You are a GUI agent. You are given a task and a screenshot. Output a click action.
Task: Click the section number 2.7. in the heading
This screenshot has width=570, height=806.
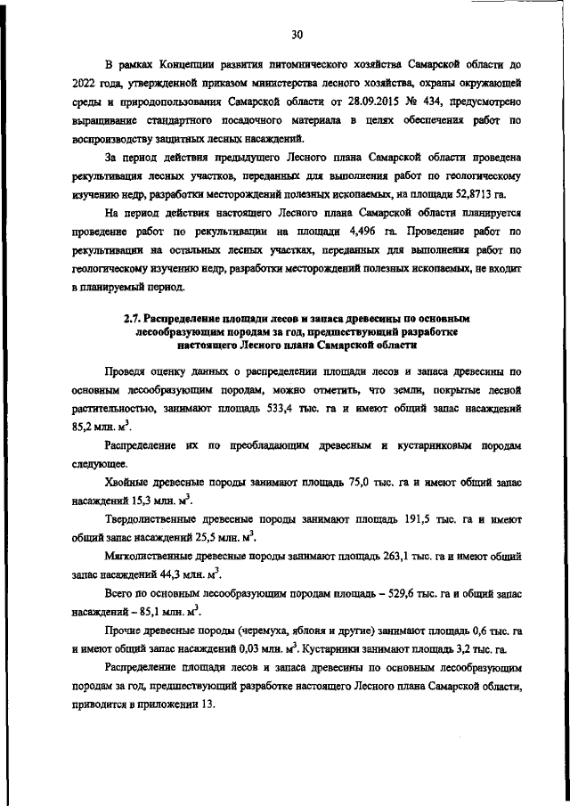click(x=137, y=317)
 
